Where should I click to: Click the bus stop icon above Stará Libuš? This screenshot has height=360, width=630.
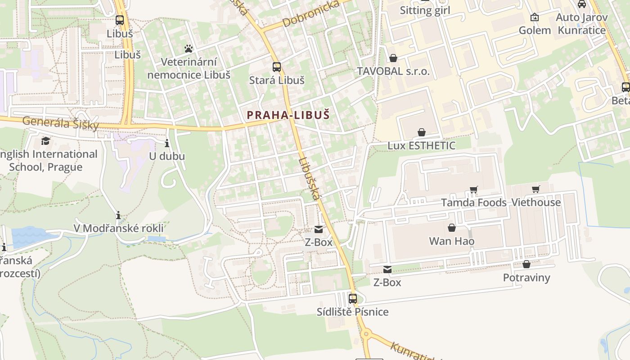pos(277,67)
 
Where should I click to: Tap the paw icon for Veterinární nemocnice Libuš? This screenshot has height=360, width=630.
pos(189,48)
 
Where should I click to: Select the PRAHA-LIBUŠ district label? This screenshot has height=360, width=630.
pos(288,115)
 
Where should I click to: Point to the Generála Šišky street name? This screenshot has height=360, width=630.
pos(60,123)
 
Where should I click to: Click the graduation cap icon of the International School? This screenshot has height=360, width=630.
pos(45,141)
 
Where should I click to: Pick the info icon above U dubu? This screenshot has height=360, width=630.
pos(167,144)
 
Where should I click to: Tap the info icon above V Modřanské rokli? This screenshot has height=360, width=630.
pos(118,216)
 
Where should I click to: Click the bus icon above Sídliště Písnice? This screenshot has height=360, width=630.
pos(353,298)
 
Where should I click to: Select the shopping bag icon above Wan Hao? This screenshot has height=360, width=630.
pos(452,228)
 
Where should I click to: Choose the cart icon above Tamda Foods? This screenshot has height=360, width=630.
pos(473,190)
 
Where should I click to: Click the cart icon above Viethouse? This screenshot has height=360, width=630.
pos(535,189)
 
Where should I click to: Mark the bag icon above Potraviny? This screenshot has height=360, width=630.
pos(526,264)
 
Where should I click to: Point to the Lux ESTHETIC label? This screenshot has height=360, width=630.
pos(422,146)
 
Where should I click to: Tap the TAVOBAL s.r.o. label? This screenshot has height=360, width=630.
pos(393,71)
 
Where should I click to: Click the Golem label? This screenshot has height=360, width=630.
pos(535,30)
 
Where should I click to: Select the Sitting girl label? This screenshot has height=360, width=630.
pos(425,10)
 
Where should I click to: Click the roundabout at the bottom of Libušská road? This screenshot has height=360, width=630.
pos(366,334)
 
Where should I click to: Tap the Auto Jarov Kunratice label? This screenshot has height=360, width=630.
pos(582,23)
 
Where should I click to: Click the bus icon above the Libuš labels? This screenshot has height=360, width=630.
pos(119,20)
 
